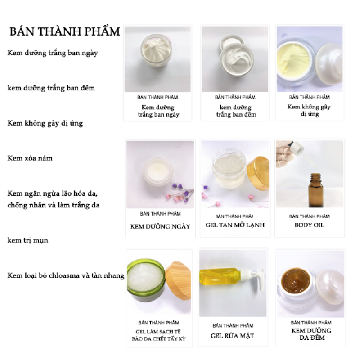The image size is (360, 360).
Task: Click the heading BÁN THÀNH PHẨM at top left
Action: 65,31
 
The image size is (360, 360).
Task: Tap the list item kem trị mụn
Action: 28,240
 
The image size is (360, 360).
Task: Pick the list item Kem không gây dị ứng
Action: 45,123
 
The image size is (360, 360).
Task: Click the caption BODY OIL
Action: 309,225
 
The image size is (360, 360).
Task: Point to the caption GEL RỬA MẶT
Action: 233,336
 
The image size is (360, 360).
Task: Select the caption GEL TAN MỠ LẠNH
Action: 235,225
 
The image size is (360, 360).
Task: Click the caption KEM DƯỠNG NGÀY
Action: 160,226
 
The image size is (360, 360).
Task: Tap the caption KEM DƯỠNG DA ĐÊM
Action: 311,334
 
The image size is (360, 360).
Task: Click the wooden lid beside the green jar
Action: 178,280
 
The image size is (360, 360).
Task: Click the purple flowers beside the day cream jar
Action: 177,189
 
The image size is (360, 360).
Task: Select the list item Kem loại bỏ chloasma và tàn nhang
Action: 66,275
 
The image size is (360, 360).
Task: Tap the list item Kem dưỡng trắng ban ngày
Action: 53,53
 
